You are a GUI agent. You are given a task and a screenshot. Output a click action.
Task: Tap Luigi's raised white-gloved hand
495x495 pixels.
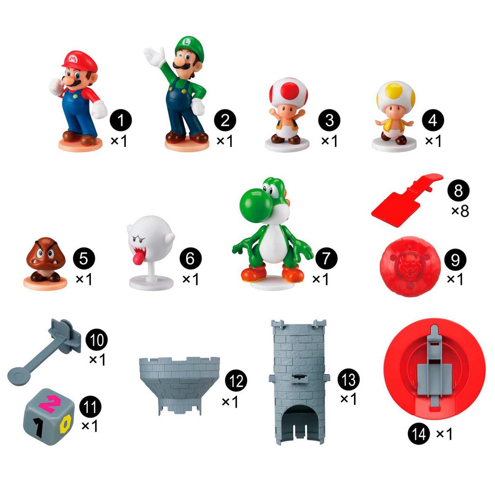tap(155, 55)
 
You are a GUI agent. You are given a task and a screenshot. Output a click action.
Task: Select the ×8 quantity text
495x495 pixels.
tap(460, 211)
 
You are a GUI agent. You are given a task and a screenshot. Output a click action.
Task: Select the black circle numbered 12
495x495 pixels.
tap(236, 381)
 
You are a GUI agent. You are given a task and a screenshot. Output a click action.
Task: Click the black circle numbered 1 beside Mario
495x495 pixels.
tap(121, 120)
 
